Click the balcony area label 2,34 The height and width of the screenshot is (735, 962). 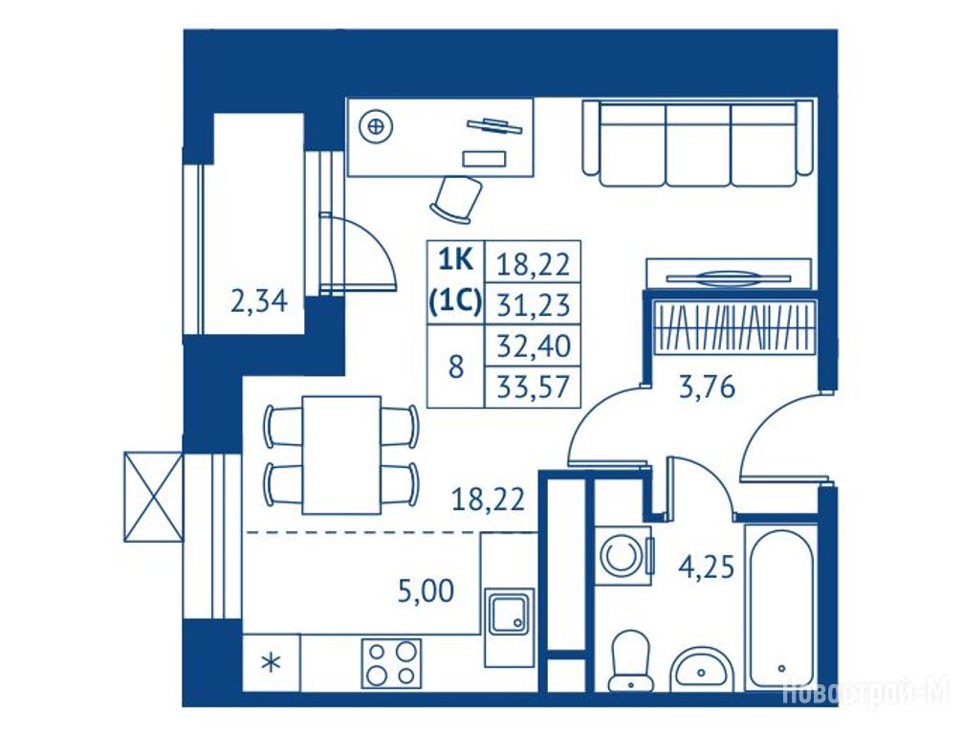tap(259, 301)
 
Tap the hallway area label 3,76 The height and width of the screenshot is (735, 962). tap(707, 388)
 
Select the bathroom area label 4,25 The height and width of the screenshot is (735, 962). tap(706, 567)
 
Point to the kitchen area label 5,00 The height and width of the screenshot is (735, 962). tap(426, 590)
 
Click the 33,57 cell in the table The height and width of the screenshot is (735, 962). tap(533, 388)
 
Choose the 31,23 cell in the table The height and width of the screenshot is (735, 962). tap(533, 304)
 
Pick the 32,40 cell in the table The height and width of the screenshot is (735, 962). tap(533, 345)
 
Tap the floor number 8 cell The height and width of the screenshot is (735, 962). tap(456, 367)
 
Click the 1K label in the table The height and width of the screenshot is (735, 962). tap(456, 261)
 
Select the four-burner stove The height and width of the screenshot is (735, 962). tap(391, 664)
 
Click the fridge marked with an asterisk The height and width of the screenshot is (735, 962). tap(272, 663)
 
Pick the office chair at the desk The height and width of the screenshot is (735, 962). tap(455, 199)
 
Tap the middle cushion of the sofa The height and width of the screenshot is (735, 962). tap(697, 145)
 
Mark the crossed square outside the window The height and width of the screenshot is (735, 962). tap(153, 498)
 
